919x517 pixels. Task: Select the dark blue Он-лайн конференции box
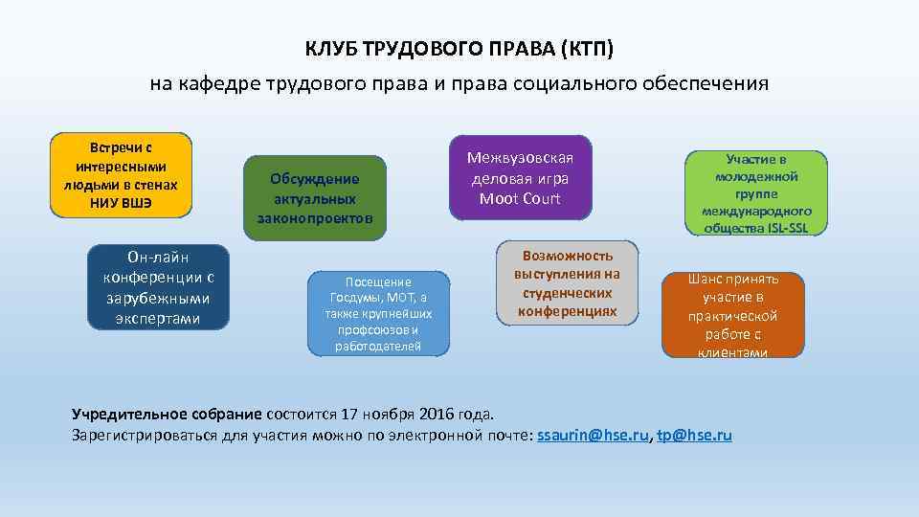click(x=158, y=287)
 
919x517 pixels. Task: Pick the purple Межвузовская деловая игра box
click(x=521, y=177)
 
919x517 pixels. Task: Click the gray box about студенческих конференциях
click(x=568, y=283)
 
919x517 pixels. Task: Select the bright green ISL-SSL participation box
click(x=756, y=192)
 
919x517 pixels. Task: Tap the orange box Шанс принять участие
click(x=733, y=315)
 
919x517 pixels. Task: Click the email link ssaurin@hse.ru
click(x=594, y=435)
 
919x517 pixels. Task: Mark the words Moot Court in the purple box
click(x=520, y=198)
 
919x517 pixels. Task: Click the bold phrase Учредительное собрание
click(x=167, y=415)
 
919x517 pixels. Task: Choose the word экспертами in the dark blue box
click(x=158, y=318)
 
